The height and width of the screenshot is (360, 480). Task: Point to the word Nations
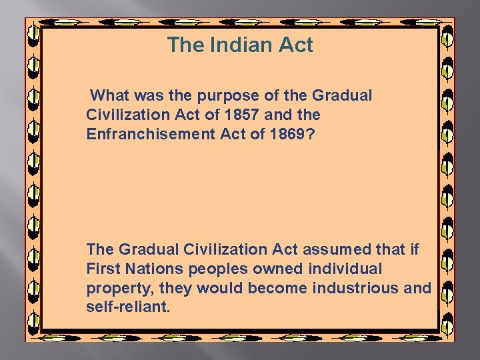point(158,269)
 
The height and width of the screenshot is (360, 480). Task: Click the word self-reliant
point(128,307)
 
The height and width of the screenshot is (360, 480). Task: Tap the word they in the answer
point(172,288)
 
